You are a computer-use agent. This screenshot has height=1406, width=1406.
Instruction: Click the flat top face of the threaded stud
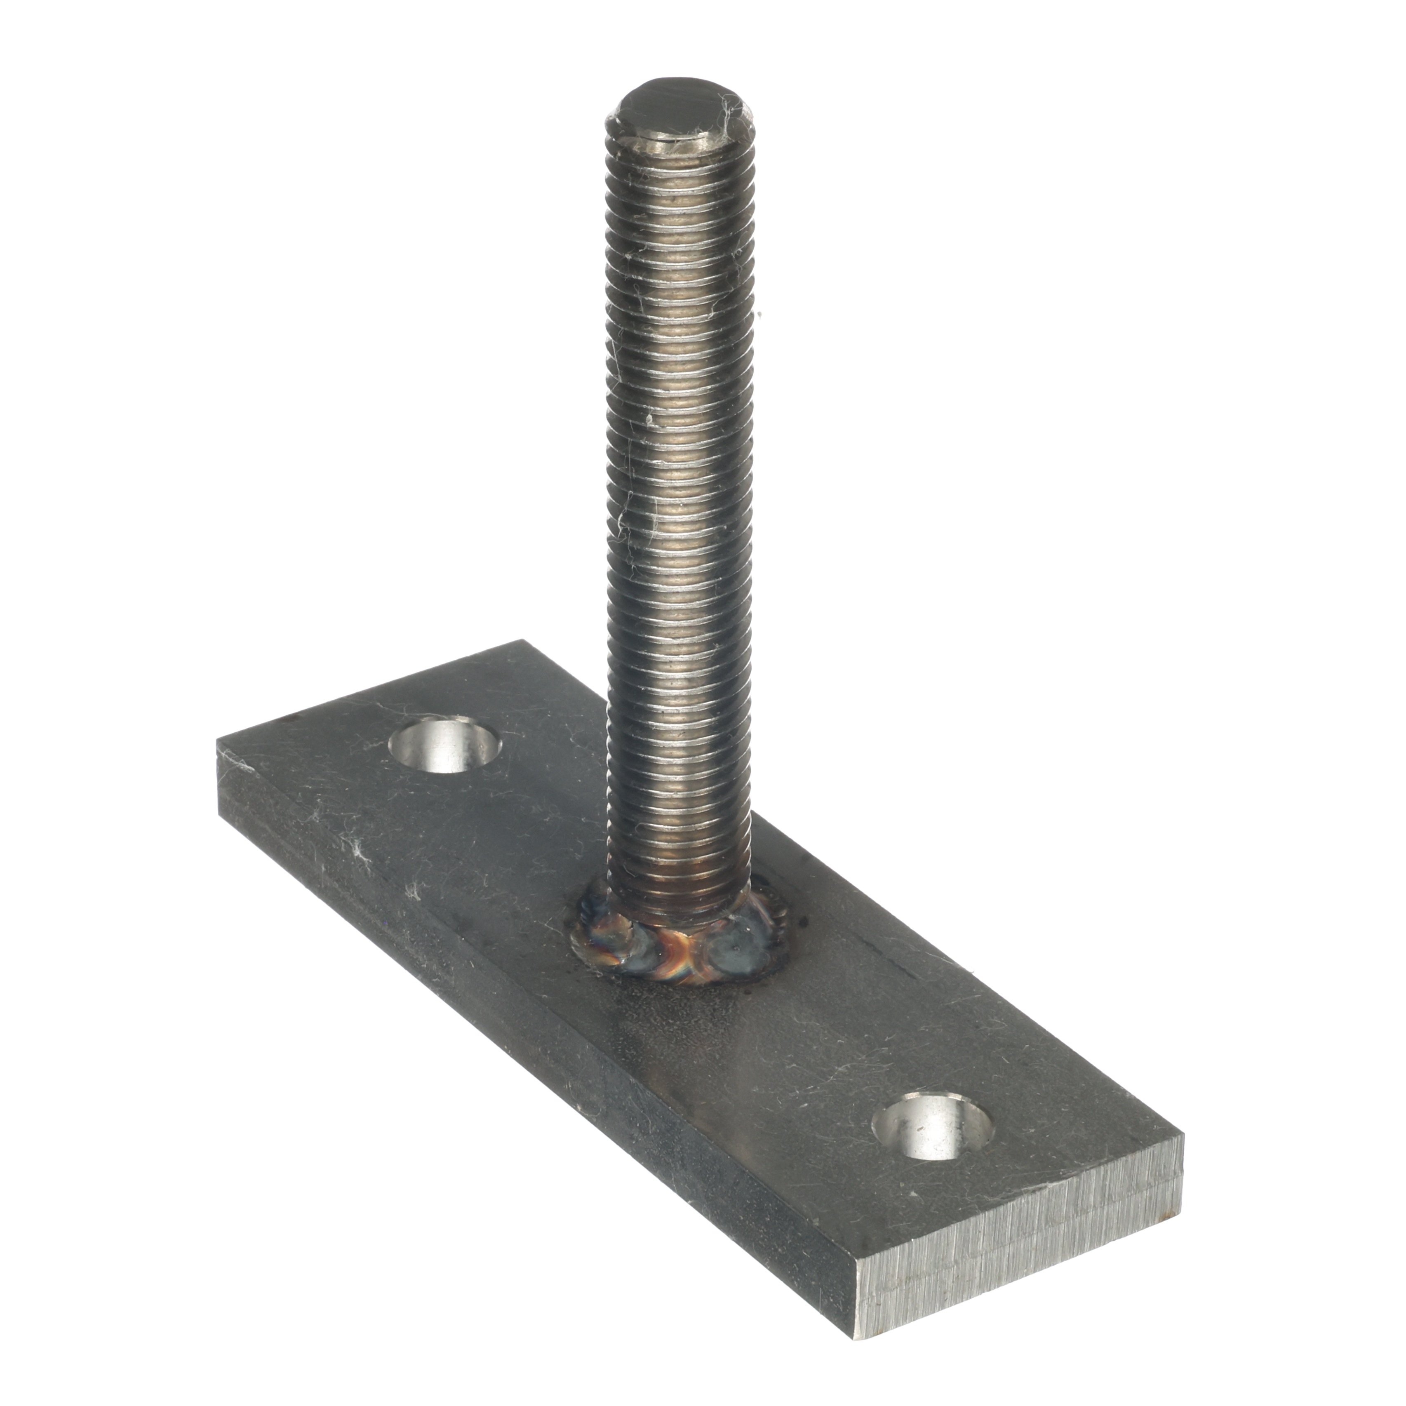point(680,110)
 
